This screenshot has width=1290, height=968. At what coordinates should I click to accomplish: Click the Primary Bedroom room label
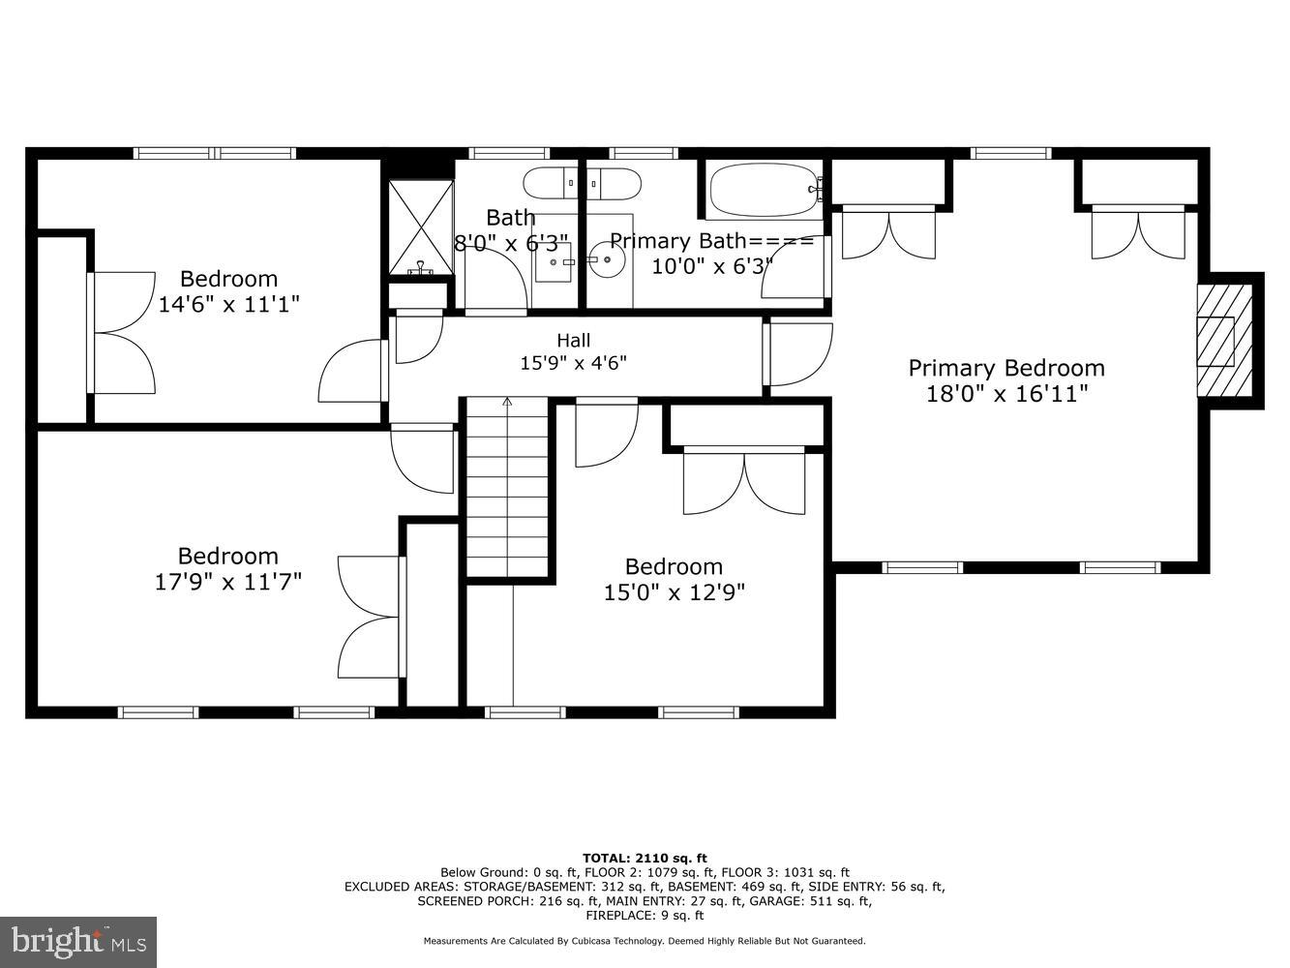pyautogui.click(x=1005, y=368)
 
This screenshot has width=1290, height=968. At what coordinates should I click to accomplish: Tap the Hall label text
pyautogui.click(x=573, y=341)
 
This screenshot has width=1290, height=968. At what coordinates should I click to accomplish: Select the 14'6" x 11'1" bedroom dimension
pyautogui.click(x=228, y=304)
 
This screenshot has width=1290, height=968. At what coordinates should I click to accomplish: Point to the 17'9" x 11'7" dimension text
pyautogui.click(x=228, y=582)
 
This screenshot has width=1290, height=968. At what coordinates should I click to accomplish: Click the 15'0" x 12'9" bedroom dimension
pyautogui.click(x=674, y=591)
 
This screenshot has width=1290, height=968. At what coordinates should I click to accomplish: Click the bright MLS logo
pyautogui.click(x=78, y=941)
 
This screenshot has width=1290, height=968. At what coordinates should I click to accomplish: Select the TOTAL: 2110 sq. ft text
pyautogui.click(x=645, y=858)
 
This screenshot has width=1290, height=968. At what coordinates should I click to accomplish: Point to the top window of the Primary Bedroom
pyautogui.click(x=1010, y=153)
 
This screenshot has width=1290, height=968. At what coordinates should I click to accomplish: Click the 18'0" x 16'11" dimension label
pyautogui.click(x=1005, y=394)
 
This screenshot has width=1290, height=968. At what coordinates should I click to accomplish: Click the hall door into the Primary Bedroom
pyautogui.click(x=798, y=354)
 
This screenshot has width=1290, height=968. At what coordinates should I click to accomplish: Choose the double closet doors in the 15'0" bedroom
pyautogui.click(x=743, y=481)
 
